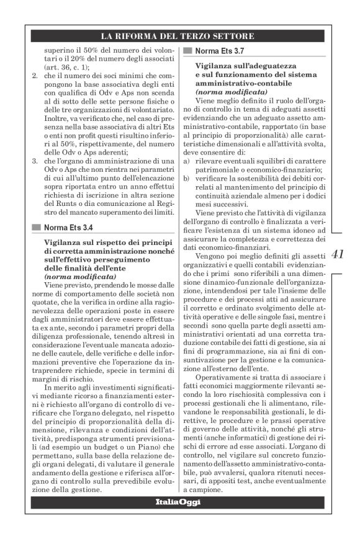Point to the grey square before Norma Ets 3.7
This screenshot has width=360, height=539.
[x=188, y=50]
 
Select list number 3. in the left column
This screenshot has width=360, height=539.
[x=35, y=161]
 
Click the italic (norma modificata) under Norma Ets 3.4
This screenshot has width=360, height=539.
[x=80, y=275]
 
